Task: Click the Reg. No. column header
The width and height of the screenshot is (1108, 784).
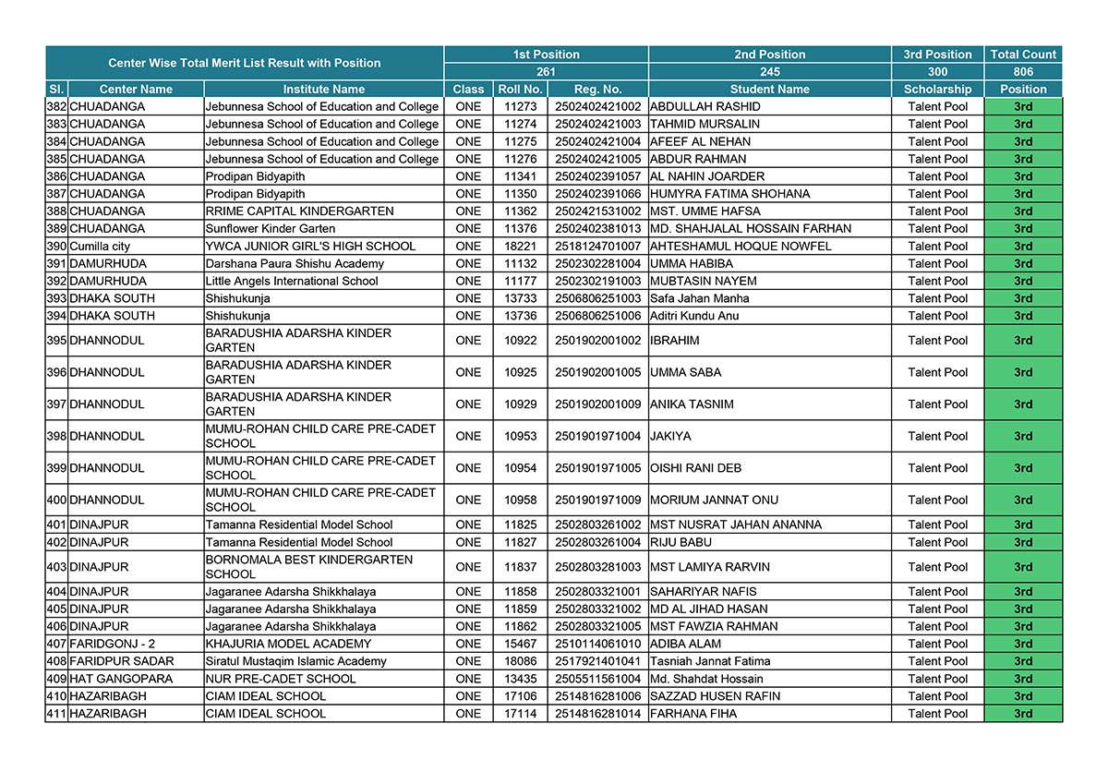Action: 597,90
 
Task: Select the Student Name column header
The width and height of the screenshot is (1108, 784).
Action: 769,90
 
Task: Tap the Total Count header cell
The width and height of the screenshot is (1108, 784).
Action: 1023,54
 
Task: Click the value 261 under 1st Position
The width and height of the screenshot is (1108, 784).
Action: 546,72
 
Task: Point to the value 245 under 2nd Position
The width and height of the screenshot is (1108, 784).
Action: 769,72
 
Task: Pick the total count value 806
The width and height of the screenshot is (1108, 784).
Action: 1023,72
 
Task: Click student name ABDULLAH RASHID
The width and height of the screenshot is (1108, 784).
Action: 705,107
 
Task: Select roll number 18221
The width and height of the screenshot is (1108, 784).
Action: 520,247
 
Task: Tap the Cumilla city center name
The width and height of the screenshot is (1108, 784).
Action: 101,247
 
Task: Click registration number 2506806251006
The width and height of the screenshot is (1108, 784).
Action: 597,316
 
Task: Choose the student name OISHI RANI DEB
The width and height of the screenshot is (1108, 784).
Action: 695,468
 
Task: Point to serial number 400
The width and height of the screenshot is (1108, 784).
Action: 56,500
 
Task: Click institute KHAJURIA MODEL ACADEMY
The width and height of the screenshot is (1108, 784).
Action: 288,644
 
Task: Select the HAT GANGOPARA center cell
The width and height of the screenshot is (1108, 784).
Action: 121,679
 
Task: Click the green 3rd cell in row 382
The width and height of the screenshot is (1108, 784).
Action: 1023,107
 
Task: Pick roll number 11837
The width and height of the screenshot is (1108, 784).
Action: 520,567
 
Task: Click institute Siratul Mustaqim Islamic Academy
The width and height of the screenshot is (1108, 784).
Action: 296,661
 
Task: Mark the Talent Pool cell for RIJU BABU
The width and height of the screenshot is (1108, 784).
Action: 937,542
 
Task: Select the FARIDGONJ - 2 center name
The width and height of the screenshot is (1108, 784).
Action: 113,644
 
